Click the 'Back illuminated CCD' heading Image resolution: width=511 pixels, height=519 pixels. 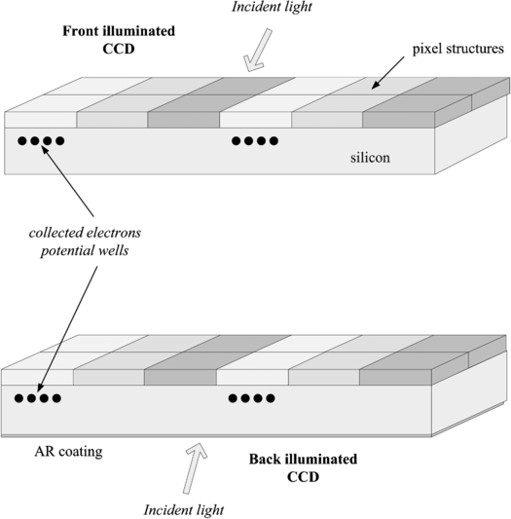click(x=303, y=468)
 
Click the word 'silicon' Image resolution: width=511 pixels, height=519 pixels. click(x=370, y=157)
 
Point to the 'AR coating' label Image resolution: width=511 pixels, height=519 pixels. click(x=69, y=451)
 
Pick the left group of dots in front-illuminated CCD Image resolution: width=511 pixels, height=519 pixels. click(x=40, y=141)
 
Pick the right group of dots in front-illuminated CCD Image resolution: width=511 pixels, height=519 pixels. click(x=253, y=141)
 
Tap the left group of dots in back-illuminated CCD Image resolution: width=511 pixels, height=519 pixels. click(x=37, y=398)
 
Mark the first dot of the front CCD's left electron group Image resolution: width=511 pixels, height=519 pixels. click(x=21, y=141)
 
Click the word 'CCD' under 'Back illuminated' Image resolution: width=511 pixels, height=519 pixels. click(x=303, y=478)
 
